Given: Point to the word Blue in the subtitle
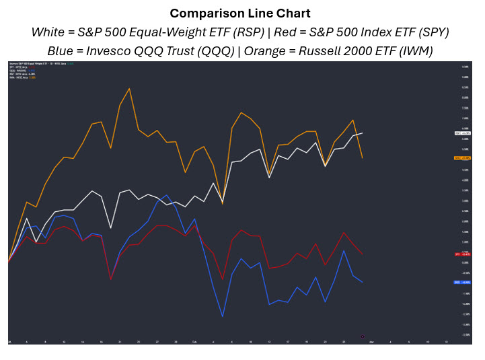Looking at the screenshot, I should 62,50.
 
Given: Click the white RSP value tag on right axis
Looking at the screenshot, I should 462,133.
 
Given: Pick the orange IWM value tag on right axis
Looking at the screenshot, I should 462,158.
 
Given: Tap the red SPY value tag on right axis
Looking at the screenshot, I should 462,254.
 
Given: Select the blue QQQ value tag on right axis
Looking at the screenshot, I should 462,283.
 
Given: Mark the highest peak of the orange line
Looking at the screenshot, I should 129,88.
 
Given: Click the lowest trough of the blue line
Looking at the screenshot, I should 223,317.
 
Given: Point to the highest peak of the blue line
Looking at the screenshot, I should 166,195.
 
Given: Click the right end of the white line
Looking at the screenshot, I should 363,133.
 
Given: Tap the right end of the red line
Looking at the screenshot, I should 363,254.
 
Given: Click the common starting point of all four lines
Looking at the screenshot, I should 9,261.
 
